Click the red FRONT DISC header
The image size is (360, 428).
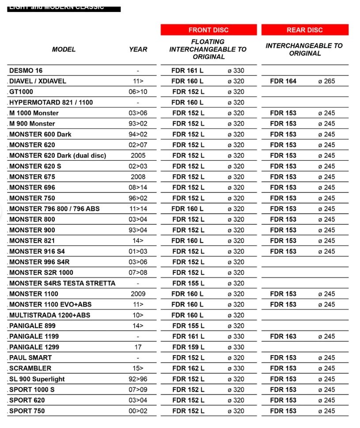(x=208, y=30)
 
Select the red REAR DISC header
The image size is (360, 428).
(x=305, y=30)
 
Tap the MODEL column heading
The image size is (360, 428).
(x=64, y=49)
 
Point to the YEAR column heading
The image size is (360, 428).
(x=138, y=49)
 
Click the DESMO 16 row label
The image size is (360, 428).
(x=26, y=71)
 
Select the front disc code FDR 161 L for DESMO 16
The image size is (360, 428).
(x=188, y=71)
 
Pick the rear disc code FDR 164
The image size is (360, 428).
(x=283, y=81)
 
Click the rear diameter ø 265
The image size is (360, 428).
(x=326, y=81)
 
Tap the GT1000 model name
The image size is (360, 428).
(x=21, y=92)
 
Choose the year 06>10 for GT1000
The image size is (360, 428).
(x=138, y=92)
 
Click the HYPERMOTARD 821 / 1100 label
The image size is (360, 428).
(x=51, y=102)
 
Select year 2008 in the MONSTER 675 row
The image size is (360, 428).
(x=138, y=177)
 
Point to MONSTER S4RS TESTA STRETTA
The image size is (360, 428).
(x=62, y=283)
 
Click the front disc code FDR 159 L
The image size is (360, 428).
(x=188, y=347)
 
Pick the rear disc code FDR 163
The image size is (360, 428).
(x=283, y=337)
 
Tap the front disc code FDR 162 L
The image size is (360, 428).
(x=188, y=368)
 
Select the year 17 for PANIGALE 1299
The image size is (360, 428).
(x=138, y=347)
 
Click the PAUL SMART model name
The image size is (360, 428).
(x=30, y=358)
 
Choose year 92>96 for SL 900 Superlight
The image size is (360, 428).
(x=138, y=379)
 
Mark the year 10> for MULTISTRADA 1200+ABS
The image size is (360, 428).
(x=138, y=315)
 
